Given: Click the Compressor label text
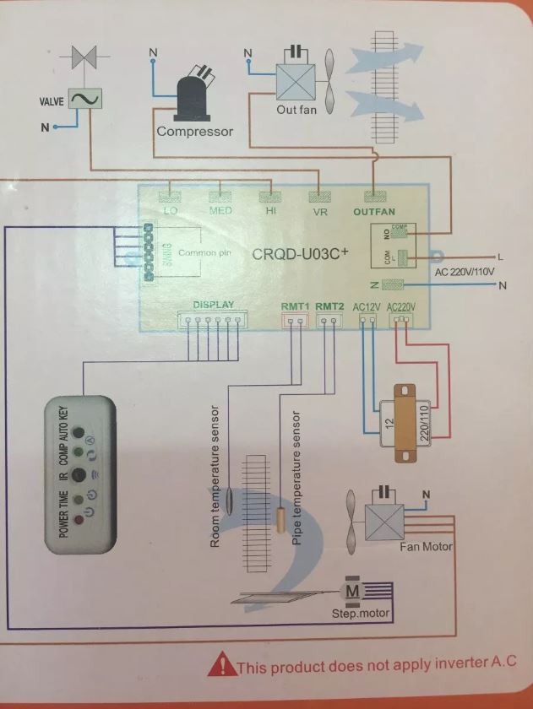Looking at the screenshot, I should coord(194,132).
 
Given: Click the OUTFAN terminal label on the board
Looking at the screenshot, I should coord(373,212).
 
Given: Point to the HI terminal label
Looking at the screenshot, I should coord(271,212).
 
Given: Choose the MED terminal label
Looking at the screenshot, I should coord(220,211).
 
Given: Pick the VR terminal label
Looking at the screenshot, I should coord(320,213).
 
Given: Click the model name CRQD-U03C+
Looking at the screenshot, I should coord(301,253).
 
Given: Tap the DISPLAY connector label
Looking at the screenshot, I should coord(213,305).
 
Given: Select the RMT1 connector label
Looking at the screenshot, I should coord(295,306).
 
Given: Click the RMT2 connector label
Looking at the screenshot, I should coord(330,306).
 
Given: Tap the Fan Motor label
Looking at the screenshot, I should coord(426,547).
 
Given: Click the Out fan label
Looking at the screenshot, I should coord(296,110).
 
